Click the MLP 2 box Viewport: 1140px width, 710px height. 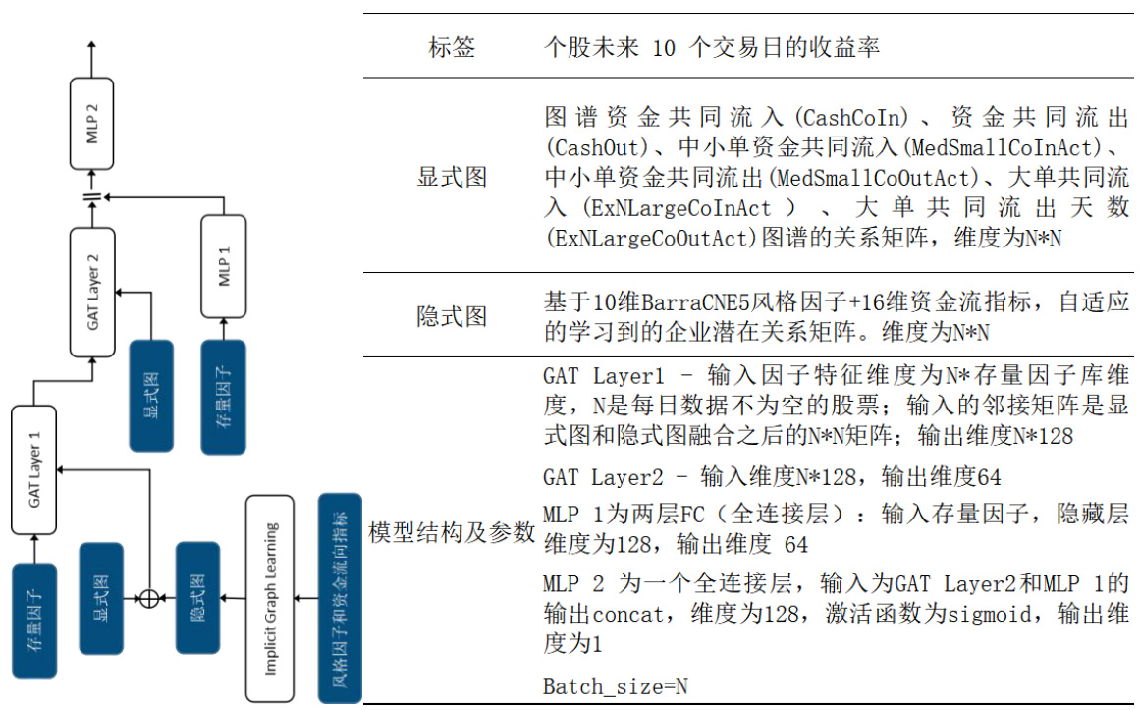[x=92, y=124]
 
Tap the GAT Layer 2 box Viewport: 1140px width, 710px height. [x=92, y=292]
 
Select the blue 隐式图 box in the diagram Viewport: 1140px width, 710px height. [x=197, y=597]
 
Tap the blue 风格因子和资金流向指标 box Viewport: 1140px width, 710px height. [x=340, y=598]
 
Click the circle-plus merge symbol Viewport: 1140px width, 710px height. [x=148, y=597]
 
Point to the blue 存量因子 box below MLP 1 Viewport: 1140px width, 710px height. [x=224, y=397]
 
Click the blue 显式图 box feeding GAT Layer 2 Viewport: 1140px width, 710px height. [x=151, y=397]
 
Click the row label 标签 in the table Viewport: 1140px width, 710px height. [x=453, y=47]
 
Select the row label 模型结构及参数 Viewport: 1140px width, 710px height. [x=452, y=533]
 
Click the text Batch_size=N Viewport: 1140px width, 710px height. [x=616, y=686]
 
